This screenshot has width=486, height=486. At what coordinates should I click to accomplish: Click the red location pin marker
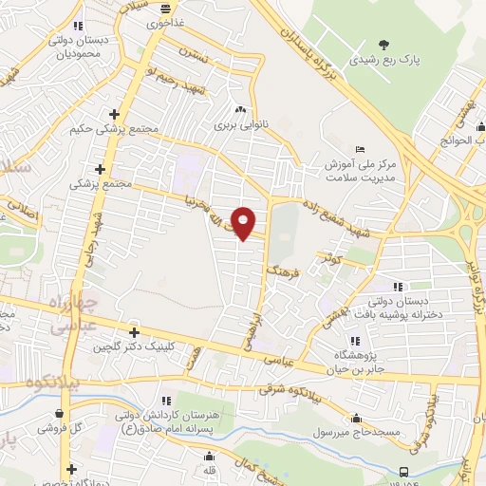pos(244,223)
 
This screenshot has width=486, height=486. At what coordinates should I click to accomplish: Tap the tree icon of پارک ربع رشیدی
pos(383,44)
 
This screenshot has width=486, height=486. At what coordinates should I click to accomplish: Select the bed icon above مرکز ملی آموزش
pos(358,149)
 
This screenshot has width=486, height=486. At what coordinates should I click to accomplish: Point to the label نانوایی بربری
pos(234,124)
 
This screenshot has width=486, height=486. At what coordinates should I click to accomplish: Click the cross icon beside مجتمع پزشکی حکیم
pos(114,112)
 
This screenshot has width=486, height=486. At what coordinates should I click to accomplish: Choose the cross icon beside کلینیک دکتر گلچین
pos(134,332)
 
